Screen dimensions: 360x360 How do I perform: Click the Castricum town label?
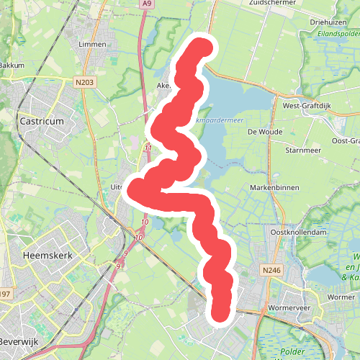point(42,122)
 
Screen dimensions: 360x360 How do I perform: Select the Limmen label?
point(92,45)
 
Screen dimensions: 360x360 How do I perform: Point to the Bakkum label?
point(12,65)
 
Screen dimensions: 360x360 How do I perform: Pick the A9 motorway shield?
point(148,4)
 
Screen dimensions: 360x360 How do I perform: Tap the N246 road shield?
point(271,270)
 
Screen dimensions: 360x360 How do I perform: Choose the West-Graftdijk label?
point(312,106)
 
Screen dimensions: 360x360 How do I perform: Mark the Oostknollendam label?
point(299,233)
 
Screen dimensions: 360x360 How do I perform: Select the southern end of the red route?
point(220,311)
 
